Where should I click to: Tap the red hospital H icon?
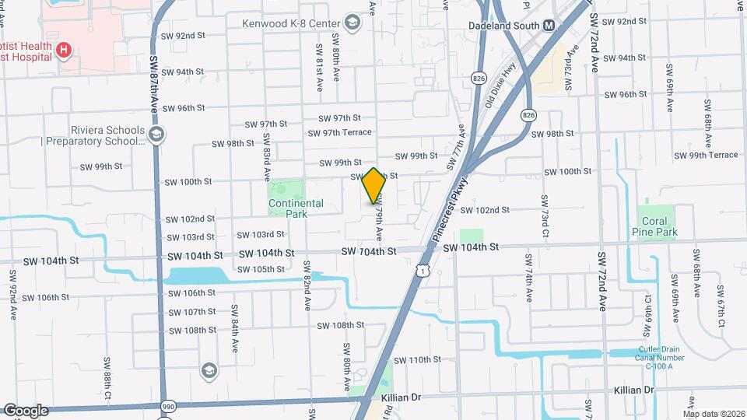[x=65, y=51]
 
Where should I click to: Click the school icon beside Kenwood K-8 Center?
[x=353, y=23]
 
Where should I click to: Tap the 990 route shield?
[x=167, y=406]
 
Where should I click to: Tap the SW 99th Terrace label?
[x=707, y=156]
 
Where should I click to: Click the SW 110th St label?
[x=417, y=360]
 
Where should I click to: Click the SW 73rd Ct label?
[x=545, y=216]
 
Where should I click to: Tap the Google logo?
[x=26, y=411]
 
